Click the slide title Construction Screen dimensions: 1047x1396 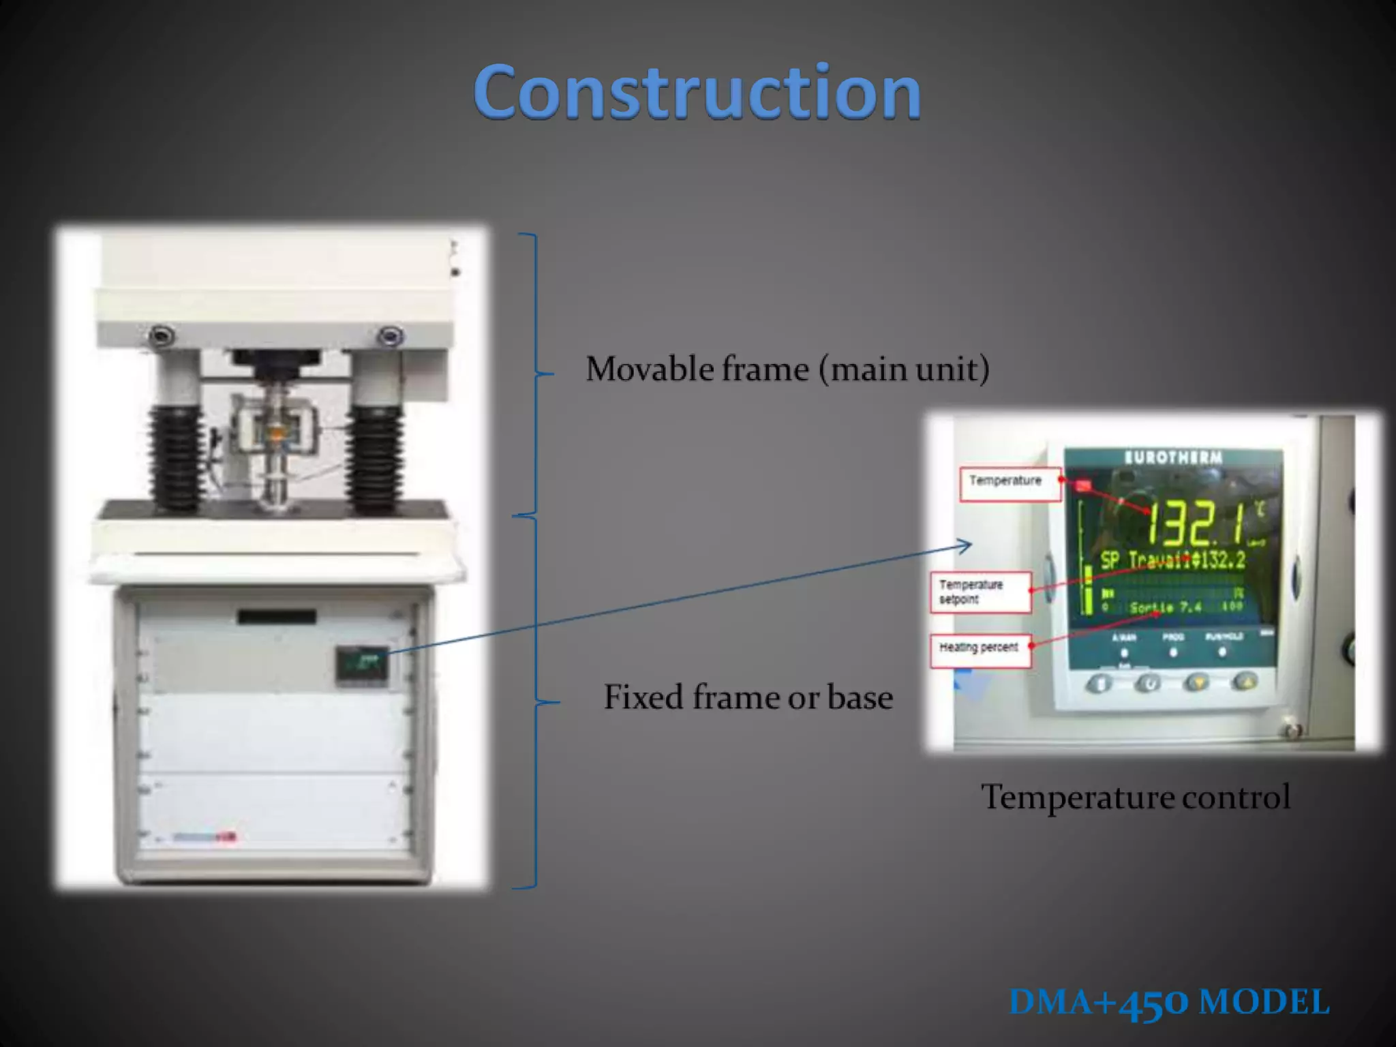[697, 91]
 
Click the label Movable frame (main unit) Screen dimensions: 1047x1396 [787, 369]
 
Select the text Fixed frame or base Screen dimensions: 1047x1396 [748, 697]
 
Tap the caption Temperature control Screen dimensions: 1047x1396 [1135, 796]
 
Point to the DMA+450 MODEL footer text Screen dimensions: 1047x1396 [1168, 1002]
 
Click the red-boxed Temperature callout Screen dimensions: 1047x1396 [1010, 483]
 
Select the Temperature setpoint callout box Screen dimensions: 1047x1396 [980, 592]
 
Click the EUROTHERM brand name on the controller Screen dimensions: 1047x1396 [1173, 457]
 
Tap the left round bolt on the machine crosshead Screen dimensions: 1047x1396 [162, 335]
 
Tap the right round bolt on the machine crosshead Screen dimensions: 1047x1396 [389, 335]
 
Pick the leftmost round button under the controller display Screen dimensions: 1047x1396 [1099, 683]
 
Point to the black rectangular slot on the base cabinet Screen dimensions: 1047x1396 [277, 617]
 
